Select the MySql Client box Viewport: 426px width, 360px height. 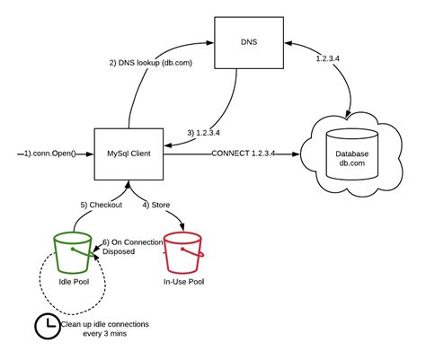pos(130,154)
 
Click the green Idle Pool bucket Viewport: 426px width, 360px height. pos(73,250)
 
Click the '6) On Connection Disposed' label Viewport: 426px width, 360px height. pos(133,248)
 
